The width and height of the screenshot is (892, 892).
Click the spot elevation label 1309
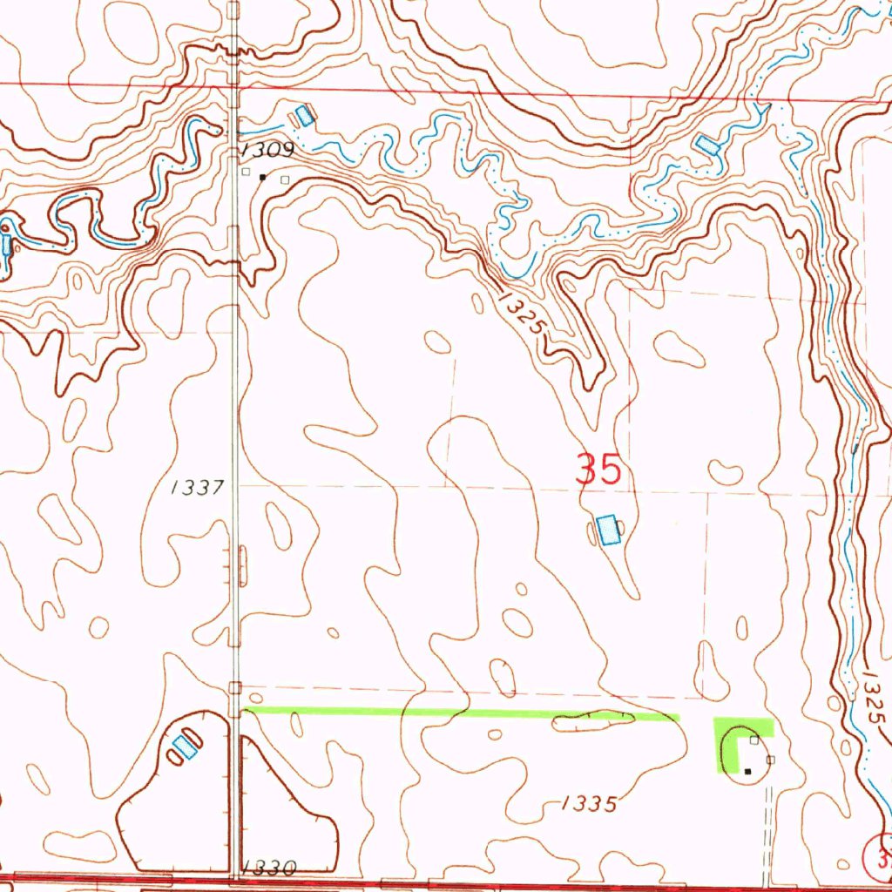pyautogui.click(x=270, y=151)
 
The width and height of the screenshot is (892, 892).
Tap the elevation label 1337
pyautogui.click(x=199, y=488)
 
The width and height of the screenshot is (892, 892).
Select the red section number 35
pyautogui.click(x=598, y=470)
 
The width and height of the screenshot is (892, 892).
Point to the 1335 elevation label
pyautogui.click(x=589, y=803)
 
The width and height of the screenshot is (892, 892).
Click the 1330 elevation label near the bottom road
pyautogui.click(x=270, y=868)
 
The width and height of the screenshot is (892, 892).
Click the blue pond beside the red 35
pyautogui.click(x=608, y=530)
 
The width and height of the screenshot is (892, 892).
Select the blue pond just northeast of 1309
pyautogui.click(x=304, y=115)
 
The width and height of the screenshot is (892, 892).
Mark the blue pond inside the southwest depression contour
pyautogui.click(x=184, y=746)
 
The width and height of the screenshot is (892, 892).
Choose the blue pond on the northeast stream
pyautogui.click(x=707, y=145)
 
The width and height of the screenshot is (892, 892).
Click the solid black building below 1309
pyautogui.click(x=263, y=178)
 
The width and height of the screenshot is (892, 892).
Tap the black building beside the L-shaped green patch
pyautogui.click(x=747, y=771)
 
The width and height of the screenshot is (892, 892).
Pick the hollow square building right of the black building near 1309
pyautogui.click(x=284, y=180)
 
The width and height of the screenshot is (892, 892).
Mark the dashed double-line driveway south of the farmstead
pyautogui.click(x=768, y=828)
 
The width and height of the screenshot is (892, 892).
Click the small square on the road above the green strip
pyautogui.click(x=233, y=689)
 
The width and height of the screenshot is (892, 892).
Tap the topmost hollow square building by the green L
pyautogui.click(x=755, y=740)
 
